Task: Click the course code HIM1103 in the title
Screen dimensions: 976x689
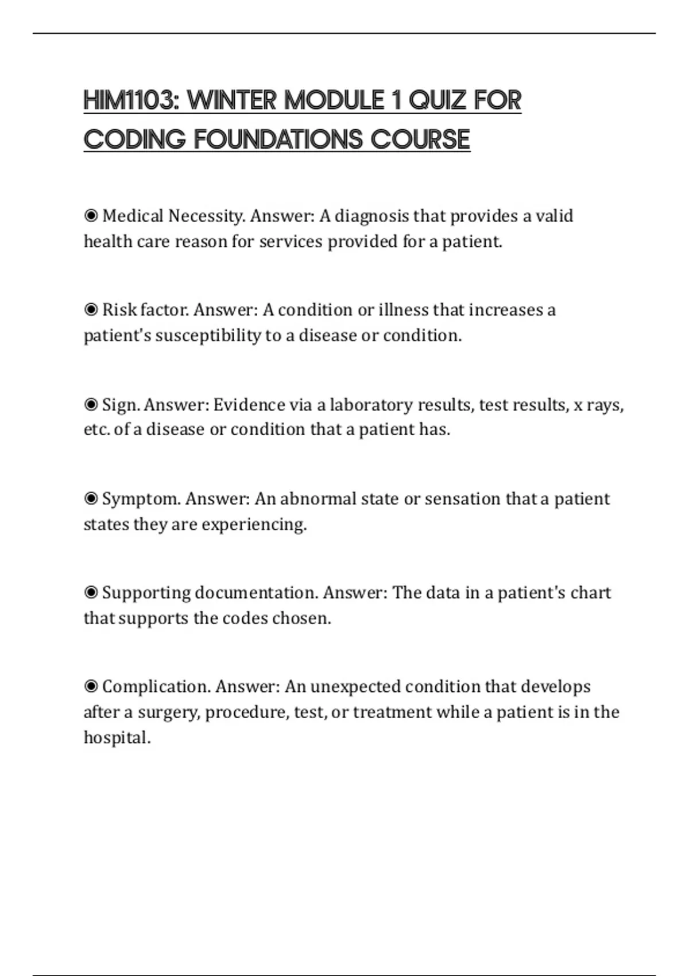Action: (131, 100)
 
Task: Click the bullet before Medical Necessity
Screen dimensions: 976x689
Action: (91, 216)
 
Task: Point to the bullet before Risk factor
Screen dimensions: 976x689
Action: (91, 310)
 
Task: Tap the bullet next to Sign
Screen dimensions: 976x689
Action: (91, 405)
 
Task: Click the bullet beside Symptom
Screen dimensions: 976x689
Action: (91, 499)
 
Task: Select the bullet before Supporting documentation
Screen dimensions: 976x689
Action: (91, 592)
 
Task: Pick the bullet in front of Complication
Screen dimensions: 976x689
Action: (91, 687)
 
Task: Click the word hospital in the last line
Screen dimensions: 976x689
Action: (117, 738)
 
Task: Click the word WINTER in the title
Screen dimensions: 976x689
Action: (232, 100)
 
